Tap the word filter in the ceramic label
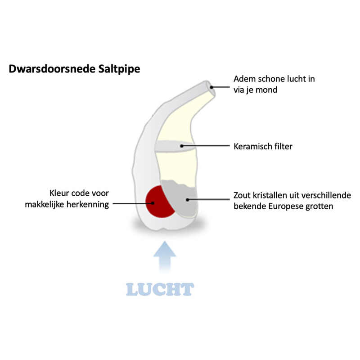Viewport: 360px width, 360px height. click(283, 146)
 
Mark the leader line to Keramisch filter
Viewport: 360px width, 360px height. click(207, 146)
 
